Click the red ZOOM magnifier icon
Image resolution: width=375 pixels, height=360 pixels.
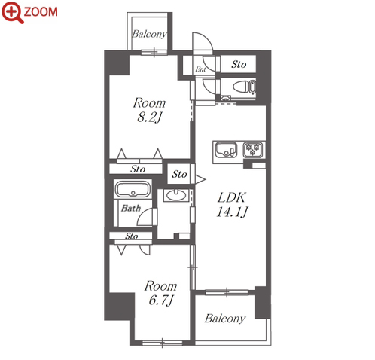click(13, 12)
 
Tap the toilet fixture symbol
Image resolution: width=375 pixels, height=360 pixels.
click(244, 87)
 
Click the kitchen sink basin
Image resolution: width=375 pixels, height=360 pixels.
click(226, 150)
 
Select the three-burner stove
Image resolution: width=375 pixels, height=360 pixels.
click(253, 150)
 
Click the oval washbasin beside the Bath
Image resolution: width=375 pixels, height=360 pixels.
click(176, 195)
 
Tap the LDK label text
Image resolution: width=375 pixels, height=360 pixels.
click(231, 197)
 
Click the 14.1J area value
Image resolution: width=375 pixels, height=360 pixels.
click(232, 212)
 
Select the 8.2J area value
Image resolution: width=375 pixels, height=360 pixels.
click(149, 117)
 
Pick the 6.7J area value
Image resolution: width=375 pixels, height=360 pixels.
click(161, 300)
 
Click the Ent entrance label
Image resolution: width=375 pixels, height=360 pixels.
click(200, 69)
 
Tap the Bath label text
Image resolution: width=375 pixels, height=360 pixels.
click(131, 208)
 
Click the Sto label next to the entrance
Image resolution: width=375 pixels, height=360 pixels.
click(239, 65)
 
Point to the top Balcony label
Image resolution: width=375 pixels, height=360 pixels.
click(149, 34)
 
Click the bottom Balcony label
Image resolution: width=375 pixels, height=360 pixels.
click(225, 319)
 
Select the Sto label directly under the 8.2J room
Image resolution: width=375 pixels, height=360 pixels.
click(138, 169)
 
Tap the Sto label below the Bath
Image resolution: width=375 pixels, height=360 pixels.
click(132, 236)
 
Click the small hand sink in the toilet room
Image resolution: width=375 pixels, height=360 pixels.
click(226, 98)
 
